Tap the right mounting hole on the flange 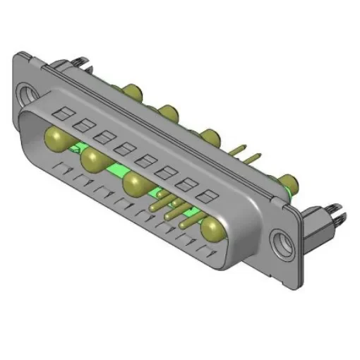coord(284,241)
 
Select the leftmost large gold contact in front coord(56,136)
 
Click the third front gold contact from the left coord(133,186)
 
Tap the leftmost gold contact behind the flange coord(132,90)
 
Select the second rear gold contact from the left coord(168,111)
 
